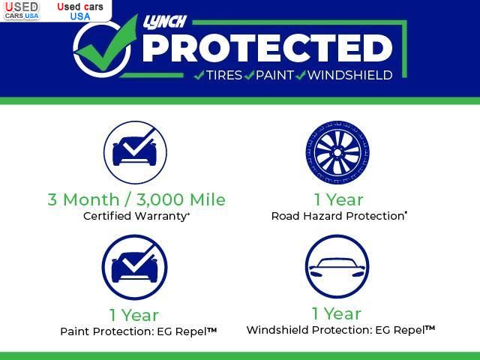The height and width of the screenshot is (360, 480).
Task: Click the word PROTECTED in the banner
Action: coord(267,48)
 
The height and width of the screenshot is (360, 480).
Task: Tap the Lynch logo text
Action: coord(165,22)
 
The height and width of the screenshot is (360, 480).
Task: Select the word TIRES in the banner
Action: coord(224,75)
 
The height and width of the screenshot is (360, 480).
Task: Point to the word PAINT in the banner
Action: coord(274,75)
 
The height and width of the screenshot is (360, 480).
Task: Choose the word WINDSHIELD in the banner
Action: coord(350,75)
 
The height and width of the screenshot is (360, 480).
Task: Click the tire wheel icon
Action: coord(337,152)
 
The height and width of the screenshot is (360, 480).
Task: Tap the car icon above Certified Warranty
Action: coord(135,152)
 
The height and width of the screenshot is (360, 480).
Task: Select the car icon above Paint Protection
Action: coord(135,267)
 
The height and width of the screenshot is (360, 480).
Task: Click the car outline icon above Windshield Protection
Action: coord(337,267)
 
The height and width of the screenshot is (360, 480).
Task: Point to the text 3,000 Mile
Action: coord(181,199)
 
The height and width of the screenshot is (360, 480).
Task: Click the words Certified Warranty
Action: coord(135,216)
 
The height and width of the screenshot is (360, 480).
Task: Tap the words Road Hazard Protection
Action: coord(337,216)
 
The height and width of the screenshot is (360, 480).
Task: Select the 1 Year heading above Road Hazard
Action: coord(338,200)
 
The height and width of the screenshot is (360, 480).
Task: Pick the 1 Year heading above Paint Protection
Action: coord(134,315)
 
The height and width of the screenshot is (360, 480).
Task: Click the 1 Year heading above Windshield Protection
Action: coord(337,313)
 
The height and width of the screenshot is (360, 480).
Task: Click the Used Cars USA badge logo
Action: coord(22,10)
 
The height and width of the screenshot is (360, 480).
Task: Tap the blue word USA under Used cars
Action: coord(80,16)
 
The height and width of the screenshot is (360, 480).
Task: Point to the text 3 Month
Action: coord(83,199)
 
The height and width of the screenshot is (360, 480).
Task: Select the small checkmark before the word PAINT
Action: coord(249,75)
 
